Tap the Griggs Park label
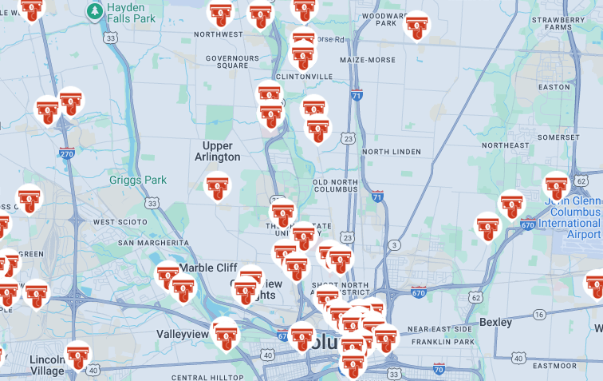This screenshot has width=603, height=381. pos(138,181)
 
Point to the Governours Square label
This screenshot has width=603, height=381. pos(232,62)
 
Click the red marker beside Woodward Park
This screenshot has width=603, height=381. pos(416,26)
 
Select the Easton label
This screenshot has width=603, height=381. pos(554,87)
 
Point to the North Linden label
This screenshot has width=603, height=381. pos(391,152)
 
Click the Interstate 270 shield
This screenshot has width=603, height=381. pos(67,153)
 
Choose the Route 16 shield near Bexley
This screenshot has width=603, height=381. pos(539,316)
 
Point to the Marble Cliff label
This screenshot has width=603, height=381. pos(208,268)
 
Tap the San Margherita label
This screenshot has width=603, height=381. pos(152,242)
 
